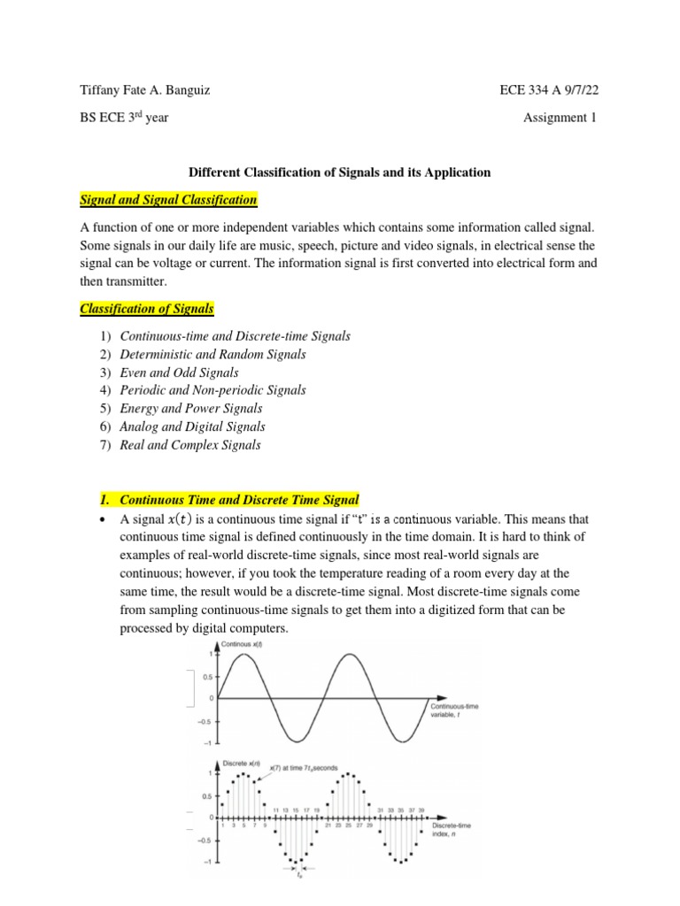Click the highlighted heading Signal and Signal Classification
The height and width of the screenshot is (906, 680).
pyautogui.click(x=168, y=200)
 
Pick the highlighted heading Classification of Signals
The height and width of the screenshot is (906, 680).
pyautogui.click(x=147, y=309)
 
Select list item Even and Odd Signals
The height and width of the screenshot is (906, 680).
pyautogui.click(x=180, y=372)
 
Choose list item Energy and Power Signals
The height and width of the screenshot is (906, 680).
pyautogui.click(x=190, y=409)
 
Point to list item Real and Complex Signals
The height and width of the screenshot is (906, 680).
pyautogui.click(x=189, y=445)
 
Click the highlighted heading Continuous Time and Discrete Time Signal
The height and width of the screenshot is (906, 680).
pyautogui.click(x=239, y=499)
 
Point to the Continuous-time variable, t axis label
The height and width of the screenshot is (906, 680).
pyautogui.click(x=454, y=710)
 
